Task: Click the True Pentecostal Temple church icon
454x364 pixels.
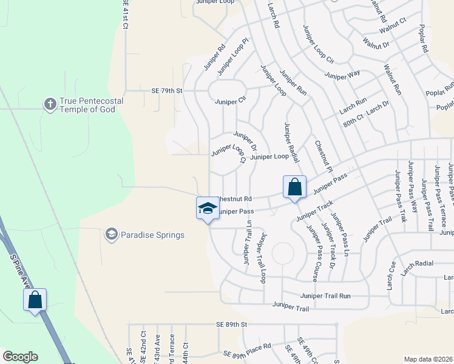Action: pyautogui.click(x=50, y=104)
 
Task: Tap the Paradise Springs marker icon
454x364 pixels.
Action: pyautogui.click(x=111, y=234)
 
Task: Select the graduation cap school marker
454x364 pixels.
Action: pyautogui.click(x=208, y=208)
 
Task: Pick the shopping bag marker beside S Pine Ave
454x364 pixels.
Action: pyautogui.click(x=35, y=299)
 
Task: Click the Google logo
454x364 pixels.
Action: pyautogui.click(x=20, y=357)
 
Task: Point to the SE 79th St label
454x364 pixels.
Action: pyautogui.click(x=167, y=91)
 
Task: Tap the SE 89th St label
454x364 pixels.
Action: pyautogui.click(x=232, y=325)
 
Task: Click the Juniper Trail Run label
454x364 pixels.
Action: pyautogui.click(x=325, y=295)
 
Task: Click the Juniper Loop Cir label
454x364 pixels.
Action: pyautogui.click(x=317, y=44)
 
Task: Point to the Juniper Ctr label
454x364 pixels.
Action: pyautogui.click(x=229, y=101)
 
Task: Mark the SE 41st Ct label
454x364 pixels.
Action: pyautogui.click(x=126, y=13)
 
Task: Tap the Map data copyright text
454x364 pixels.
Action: pyautogui.click(x=429, y=359)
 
